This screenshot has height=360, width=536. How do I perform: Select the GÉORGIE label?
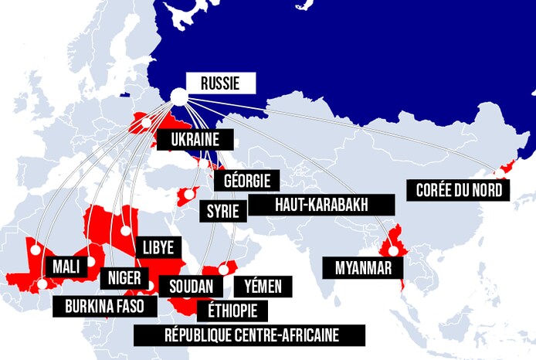pos(247,181)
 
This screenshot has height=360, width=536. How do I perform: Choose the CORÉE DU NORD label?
pos(460,189)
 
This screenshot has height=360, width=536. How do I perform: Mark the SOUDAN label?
pos(191,286)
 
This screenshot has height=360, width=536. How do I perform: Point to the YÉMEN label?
pos(263,286)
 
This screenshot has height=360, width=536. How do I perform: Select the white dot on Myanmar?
pos(394,250)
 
